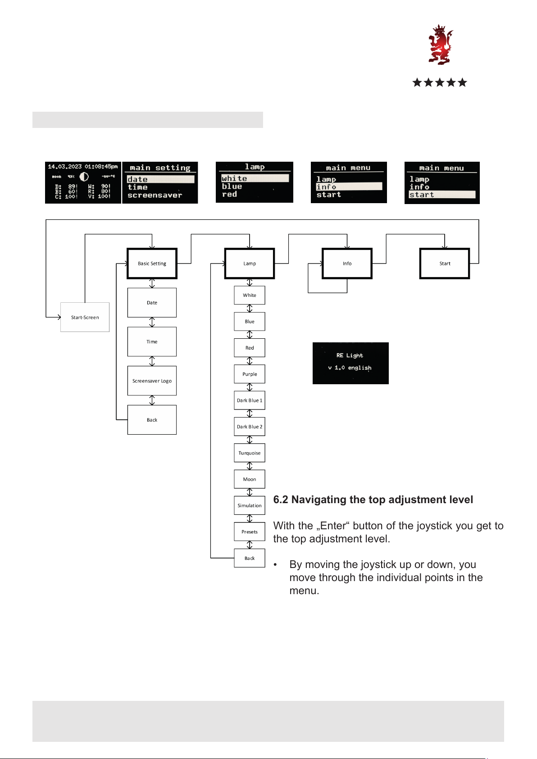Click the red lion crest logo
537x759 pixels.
tap(440, 45)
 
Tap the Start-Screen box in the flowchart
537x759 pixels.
tap(85, 317)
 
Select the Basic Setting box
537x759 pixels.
tap(152, 264)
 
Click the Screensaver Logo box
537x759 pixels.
tap(152, 381)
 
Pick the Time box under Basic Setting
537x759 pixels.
tap(152, 341)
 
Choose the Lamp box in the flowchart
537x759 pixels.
tap(250, 264)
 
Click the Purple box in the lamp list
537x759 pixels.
tap(250, 374)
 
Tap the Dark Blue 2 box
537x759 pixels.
tap(250, 427)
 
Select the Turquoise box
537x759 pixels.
tap(250, 453)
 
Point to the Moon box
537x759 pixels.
tap(250, 479)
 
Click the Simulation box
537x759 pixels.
tap(250, 505)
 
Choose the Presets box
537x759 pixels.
tap(250, 532)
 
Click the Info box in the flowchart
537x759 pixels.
tap(347, 264)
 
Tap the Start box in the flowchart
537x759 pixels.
tap(445, 264)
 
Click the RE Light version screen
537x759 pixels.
tap(350, 363)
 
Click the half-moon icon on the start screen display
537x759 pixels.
tap(84, 177)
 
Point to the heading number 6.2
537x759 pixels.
tap(281, 500)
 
